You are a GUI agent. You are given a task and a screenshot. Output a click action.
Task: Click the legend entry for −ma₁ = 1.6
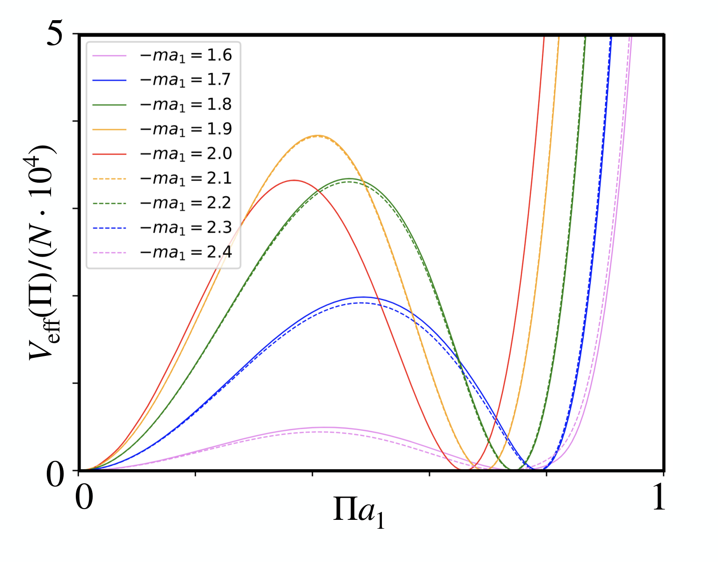pyautogui.click(x=162, y=55)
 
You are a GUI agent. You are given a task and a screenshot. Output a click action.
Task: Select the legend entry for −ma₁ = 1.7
pyautogui.click(x=162, y=80)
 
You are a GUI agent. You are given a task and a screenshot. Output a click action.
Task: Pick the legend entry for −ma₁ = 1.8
pyautogui.click(x=162, y=104)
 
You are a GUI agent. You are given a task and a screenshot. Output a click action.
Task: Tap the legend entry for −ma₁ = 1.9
pyautogui.click(x=162, y=129)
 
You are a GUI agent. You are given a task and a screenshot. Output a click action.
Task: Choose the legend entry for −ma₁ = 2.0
pyautogui.click(x=162, y=154)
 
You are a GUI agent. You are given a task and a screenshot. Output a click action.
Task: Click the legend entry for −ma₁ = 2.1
pyautogui.click(x=162, y=178)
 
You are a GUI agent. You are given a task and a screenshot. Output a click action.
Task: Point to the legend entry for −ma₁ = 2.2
pyautogui.click(x=162, y=203)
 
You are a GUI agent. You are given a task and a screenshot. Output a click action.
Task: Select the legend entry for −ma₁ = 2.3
pyautogui.click(x=162, y=228)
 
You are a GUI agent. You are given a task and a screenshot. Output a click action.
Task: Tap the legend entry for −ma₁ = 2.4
pyautogui.click(x=162, y=252)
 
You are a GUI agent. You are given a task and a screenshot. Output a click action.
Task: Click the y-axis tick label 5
pyautogui.click(x=55, y=33)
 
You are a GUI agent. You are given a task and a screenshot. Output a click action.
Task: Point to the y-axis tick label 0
pyautogui.click(x=55, y=475)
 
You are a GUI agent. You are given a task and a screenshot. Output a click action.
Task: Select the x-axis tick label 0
pyautogui.click(x=84, y=497)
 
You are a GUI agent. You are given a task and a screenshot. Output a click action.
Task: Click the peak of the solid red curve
pyautogui.click(x=293, y=180)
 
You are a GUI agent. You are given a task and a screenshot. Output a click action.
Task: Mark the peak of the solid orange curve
pyautogui.click(x=318, y=135)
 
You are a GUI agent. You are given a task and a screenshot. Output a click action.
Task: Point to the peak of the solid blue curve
pyautogui.click(x=363, y=297)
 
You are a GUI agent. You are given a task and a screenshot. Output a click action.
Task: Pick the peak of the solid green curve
pyautogui.click(x=349, y=178)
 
